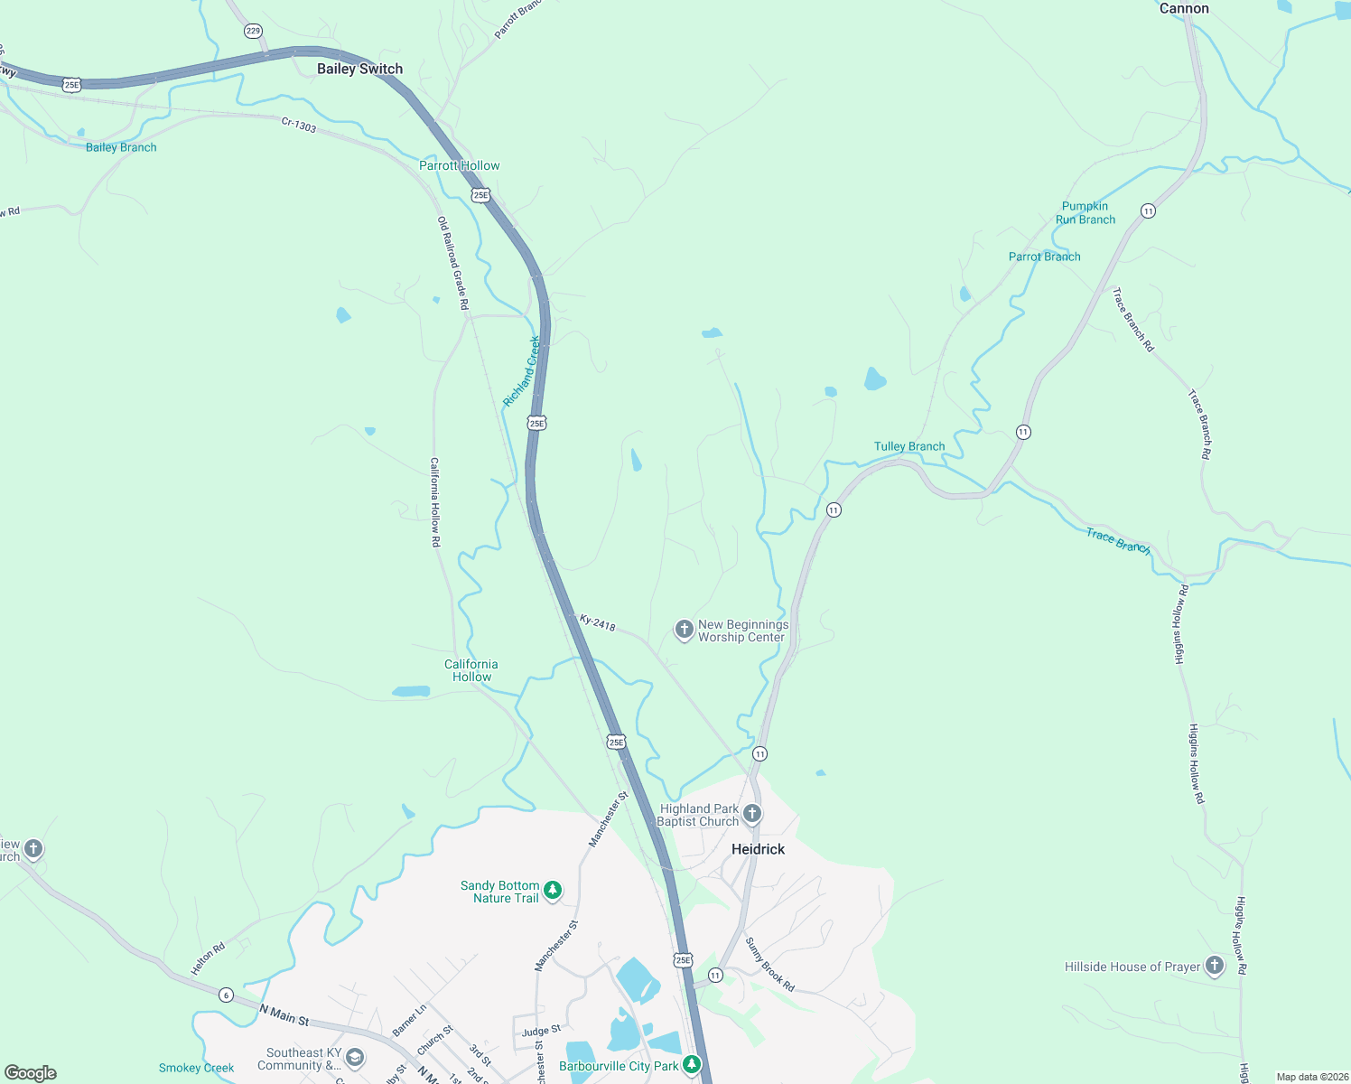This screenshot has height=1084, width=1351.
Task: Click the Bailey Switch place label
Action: coord(359,69)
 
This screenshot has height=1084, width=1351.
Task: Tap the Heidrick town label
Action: coord(758,849)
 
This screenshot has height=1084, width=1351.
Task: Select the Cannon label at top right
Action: coord(1183,8)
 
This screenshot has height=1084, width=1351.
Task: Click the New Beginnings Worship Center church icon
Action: coord(685,629)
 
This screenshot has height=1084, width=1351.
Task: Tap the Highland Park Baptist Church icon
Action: coord(752,814)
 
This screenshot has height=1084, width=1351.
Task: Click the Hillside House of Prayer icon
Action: coord(1215,966)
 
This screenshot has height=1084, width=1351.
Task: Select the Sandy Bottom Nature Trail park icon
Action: coord(553,891)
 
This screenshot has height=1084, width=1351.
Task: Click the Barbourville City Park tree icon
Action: coord(692,1065)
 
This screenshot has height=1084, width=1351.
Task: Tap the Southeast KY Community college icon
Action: coord(355,1058)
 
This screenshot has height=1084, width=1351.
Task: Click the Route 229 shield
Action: coord(253,31)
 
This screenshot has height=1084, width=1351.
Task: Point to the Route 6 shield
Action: coord(226,995)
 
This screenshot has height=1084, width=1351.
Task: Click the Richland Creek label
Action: coord(522,370)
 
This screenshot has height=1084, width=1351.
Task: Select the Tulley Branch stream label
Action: coord(908,446)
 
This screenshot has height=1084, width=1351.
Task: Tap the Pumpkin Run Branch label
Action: coord(1085,213)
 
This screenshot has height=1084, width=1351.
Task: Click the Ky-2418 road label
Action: coord(597,622)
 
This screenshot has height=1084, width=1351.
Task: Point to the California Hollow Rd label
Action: coord(434,502)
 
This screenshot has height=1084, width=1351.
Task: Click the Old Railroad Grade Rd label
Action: coord(453,263)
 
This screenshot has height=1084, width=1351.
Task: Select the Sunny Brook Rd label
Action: coord(769,964)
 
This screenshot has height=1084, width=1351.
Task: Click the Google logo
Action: coord(31,1072)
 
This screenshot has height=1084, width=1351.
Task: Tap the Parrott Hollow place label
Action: coord(459,165)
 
